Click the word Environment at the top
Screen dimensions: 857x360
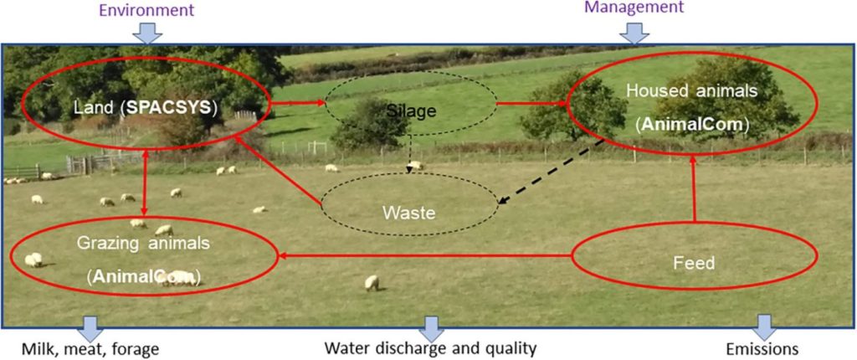146,9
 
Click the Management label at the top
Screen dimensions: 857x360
634,7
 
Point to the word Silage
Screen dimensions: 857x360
410,111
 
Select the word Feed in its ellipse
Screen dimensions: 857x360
694,263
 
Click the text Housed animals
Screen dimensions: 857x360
692,90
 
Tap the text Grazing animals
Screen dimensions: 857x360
143,244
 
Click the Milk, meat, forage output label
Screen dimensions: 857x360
90,348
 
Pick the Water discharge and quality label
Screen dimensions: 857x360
431,348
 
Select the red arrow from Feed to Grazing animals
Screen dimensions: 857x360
425,255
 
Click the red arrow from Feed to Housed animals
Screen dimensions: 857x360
694,188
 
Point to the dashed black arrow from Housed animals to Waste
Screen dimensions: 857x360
551,172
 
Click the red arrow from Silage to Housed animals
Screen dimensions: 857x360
531,103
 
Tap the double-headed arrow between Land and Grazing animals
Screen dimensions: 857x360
145,183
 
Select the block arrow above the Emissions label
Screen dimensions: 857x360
765,327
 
